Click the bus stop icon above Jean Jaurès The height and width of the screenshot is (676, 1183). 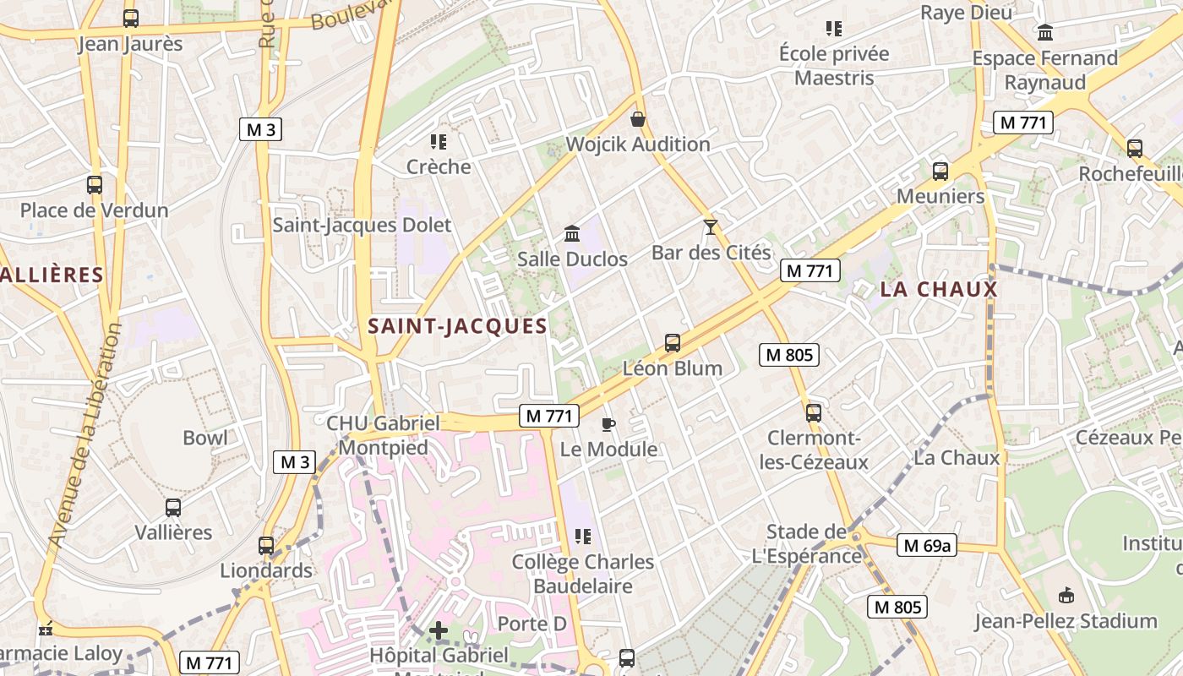[x=130, y=18]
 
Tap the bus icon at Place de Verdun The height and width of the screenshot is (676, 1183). [x=95, y=184]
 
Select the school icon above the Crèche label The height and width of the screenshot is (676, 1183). [x=438, y=141]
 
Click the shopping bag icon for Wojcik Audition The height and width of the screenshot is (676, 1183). [x=638, y=119]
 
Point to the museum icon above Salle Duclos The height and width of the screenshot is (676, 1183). [x=572, y=233]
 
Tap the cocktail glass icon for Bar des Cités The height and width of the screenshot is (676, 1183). [x=710, y=226]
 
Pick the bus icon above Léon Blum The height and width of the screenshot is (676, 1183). [x=673, y=342]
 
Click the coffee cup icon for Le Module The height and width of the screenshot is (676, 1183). [x=608, y=423]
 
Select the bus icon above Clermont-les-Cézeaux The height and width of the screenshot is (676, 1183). [x=813, y=412]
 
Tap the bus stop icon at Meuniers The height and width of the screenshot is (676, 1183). [x=940, y=171]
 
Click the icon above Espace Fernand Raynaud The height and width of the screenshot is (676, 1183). [x=1045, y=32]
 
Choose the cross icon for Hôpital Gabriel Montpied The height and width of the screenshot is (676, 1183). [x=438, y=630]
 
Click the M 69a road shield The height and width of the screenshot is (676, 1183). [x=927, y=545]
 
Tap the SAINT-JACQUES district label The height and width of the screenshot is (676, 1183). [x=458, y=326]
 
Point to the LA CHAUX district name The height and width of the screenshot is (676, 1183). [x=939, y=289]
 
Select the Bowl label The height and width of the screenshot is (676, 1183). [x=205, y=437]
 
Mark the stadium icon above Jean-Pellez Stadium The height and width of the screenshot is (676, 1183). [x=1066, y=595]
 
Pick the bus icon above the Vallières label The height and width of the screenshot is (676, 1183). [x=173, y=507]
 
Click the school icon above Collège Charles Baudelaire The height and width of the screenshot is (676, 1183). [x=582, y=536]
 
